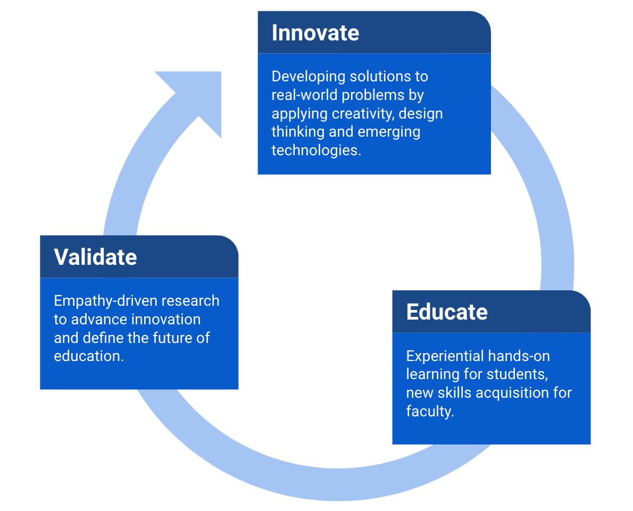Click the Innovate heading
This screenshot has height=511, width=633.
315,33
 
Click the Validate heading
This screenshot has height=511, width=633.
95,257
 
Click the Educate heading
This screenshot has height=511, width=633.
447,312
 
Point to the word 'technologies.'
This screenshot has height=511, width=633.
316,150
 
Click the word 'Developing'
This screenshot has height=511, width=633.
308,77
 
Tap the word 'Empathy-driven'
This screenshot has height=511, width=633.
98,301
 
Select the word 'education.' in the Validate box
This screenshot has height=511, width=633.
89,356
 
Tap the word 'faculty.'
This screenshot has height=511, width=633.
430,411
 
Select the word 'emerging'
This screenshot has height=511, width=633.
389,132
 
